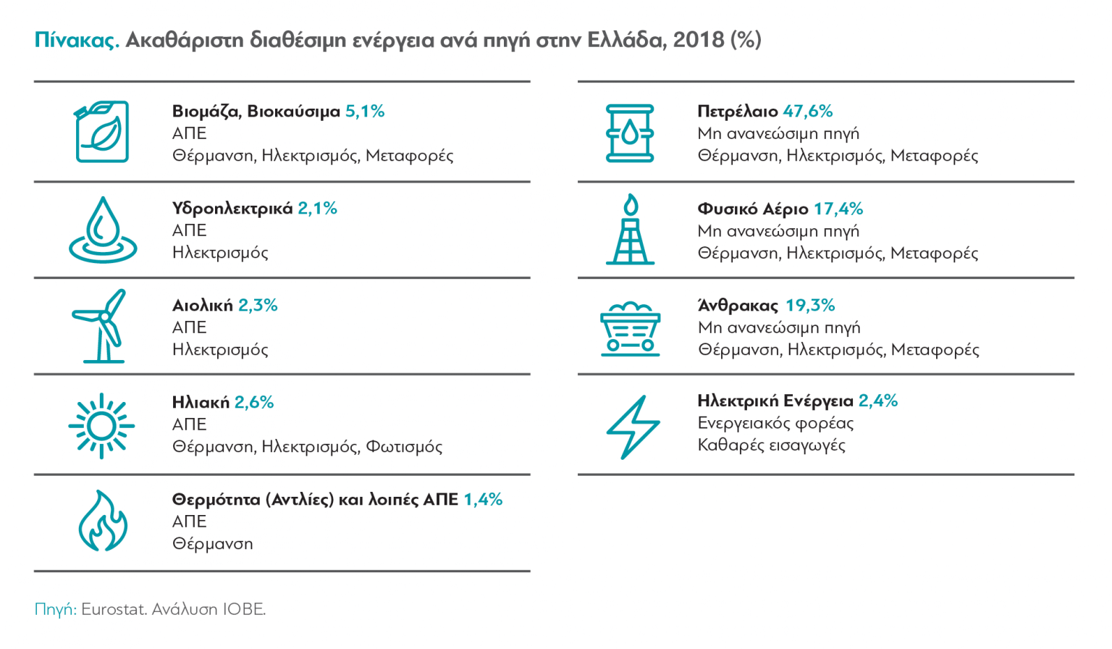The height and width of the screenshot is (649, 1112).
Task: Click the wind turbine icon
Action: pyautogui.click(x=101, y=326)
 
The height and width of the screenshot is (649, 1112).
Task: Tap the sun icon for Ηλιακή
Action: pyautogui.click(x=101, y=426)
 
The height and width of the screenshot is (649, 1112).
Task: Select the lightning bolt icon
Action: pyautogui.click(x=632, y=427)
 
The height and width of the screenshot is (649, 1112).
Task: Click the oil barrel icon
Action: pyautogui.click(x=630, y=133)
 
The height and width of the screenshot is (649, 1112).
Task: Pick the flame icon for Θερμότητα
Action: pyautogui.click(x=103, y=522)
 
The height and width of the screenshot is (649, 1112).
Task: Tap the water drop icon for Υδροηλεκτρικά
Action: pyautogui.click(x=103, y=230)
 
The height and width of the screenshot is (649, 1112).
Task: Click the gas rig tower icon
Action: pyautogui.click(x=631, y=230)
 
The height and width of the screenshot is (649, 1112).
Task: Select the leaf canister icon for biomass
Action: pyautogui.click(x=103, y=132)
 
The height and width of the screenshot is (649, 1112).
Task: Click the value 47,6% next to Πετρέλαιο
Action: pyautogui.click(x=807, y=112)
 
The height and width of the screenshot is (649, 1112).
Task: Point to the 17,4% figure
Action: pyautogui.click(x=838, y=209)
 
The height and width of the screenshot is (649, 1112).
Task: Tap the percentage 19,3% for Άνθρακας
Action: pyautogui.click(x=810, y=306)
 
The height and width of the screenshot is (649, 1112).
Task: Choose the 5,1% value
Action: pyautogui.click(x=365, y=112)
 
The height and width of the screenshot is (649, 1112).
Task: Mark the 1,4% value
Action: pyautogui.click(x=483, y=500)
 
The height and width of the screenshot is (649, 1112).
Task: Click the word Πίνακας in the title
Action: pyautogui.click(x=76, y=40)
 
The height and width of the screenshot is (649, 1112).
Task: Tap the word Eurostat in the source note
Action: pyautogui.click(x=113, y=609)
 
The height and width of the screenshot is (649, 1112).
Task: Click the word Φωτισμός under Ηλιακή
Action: pyautogui.click(x=404, y=447)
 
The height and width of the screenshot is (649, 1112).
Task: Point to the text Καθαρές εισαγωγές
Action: pyautogui.click(x=771, y=445)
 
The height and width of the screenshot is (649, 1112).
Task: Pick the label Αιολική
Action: pyautogui.click(x=203, y=306)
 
